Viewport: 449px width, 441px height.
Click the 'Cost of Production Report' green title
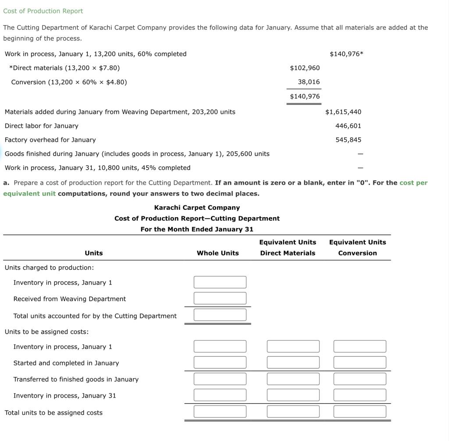(43, 11)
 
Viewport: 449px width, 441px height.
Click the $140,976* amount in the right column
(346, 54)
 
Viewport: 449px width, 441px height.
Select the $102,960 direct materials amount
(305, 68)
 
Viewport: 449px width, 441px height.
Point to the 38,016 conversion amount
(309, 82)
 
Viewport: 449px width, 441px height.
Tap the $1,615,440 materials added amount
(343, 112)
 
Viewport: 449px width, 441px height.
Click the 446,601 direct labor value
(348, 126)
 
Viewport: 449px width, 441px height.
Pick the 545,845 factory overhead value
(348, 140)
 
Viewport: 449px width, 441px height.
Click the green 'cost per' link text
(413, 183)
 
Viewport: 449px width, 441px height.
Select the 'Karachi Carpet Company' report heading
(197, 208)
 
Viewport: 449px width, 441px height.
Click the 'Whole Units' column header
(217, 253)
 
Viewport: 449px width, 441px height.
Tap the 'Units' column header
(93, 253)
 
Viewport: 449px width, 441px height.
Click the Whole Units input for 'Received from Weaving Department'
(220, 298)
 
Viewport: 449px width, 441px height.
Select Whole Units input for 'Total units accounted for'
(220, 315)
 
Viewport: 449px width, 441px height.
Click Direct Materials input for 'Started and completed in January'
(293, 362)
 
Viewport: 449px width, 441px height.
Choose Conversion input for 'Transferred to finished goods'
(360, 379)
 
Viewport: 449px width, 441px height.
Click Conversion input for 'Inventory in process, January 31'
(360, 395)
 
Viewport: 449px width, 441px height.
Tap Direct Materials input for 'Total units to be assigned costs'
(293, 412)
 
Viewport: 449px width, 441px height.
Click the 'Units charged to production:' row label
(49, 268)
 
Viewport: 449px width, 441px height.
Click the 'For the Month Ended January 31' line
(197, 229)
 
